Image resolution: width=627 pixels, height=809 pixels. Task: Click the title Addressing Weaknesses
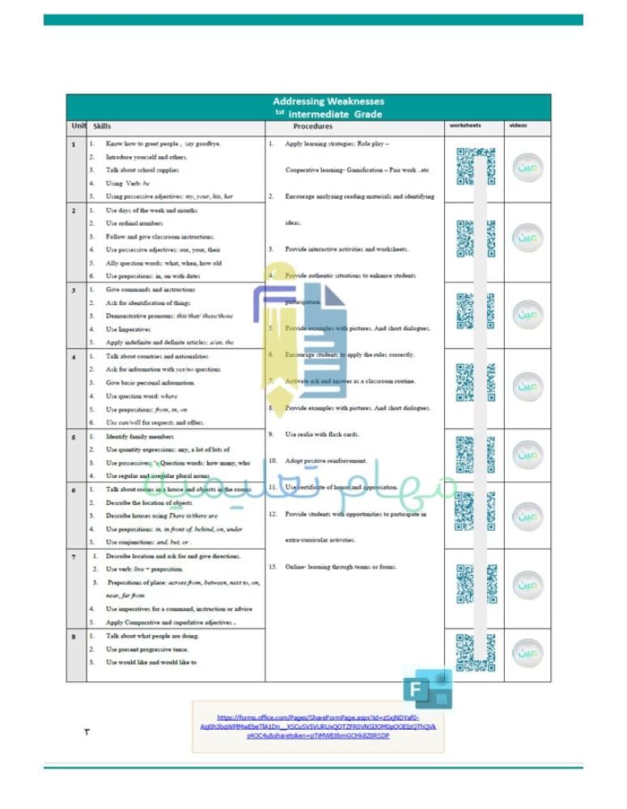click(328, 101)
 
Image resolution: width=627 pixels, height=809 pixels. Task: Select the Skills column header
click(102, 127)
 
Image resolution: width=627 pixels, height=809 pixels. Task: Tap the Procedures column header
click(313, 127)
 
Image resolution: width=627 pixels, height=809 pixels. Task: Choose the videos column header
click(518, 126)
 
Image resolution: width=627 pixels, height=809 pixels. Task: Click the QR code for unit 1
click(475, 166)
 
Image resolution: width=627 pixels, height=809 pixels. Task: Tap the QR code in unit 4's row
click(475, 383)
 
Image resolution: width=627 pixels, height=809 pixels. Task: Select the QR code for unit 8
click(475, 652)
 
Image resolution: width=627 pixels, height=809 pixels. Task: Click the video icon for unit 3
click(528, 312)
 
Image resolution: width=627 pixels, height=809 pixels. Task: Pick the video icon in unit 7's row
click(528, 582)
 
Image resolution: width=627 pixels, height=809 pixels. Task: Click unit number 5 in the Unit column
click(74, 437)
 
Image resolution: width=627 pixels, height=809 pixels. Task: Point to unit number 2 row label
click(74, 210)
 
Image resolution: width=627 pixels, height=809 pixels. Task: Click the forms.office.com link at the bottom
click(317, 726)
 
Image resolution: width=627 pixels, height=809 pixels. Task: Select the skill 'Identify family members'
click(140, 437)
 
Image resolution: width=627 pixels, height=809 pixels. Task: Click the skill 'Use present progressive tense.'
click(152, 649)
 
